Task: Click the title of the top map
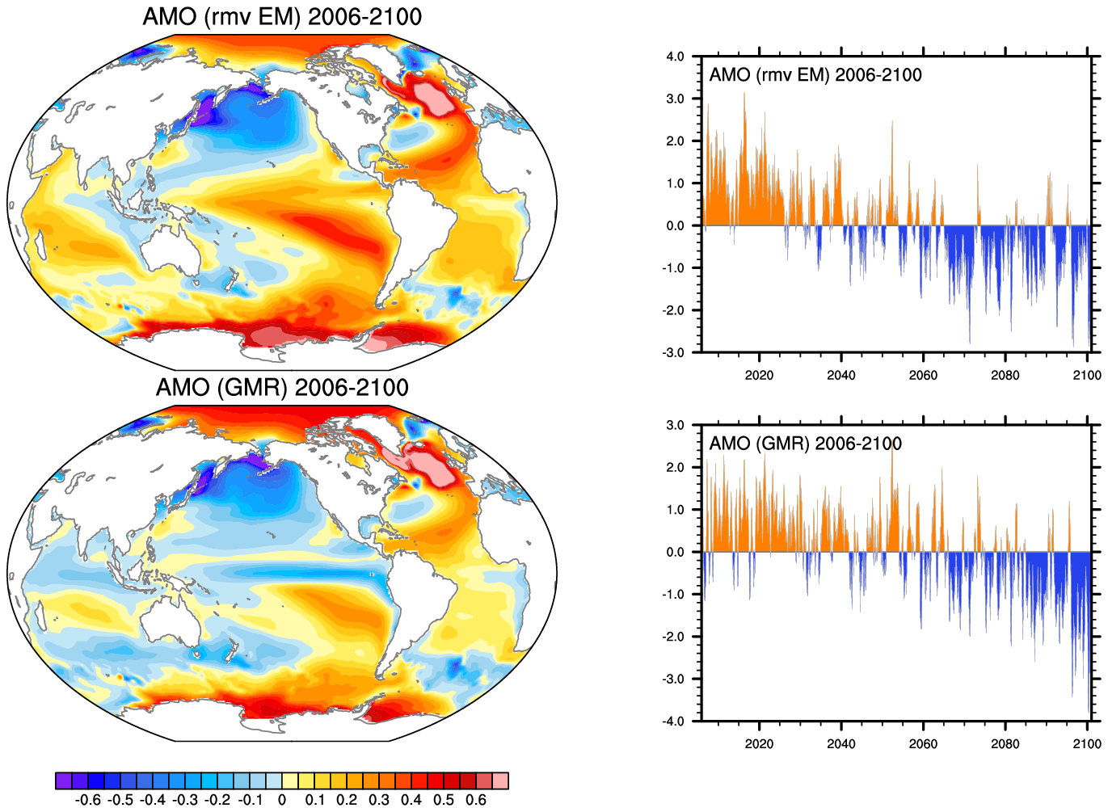point(282,17)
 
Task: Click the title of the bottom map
point(282,388)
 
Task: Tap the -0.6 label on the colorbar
point(87,800)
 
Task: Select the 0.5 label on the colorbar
point(444,800)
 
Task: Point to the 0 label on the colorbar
point(281,800)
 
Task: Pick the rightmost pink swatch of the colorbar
point(500,780)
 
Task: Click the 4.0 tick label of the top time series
point(675,57)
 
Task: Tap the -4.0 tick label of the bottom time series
point(673,722)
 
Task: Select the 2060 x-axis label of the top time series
point(923,375)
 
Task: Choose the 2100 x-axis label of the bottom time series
point(1087,744)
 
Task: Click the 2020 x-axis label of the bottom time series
point(759,744)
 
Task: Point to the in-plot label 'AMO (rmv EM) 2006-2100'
point(815,75)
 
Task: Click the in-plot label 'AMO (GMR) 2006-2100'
point(805,444)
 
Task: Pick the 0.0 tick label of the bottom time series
point(675,553)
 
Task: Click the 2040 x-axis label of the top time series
point(840,375)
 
